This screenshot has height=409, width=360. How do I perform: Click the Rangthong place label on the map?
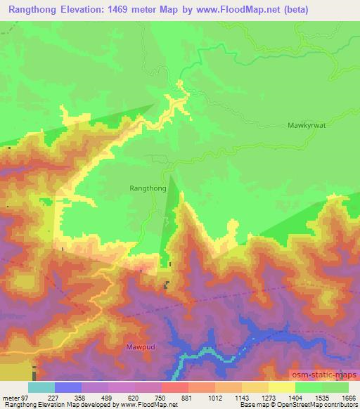(x=148, y=188)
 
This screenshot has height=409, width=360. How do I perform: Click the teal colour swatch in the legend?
(x=41, y=387)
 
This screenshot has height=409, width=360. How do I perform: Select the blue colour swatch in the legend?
(x=68, y=387)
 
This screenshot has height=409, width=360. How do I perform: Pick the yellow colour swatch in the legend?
(x=282, y=387)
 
